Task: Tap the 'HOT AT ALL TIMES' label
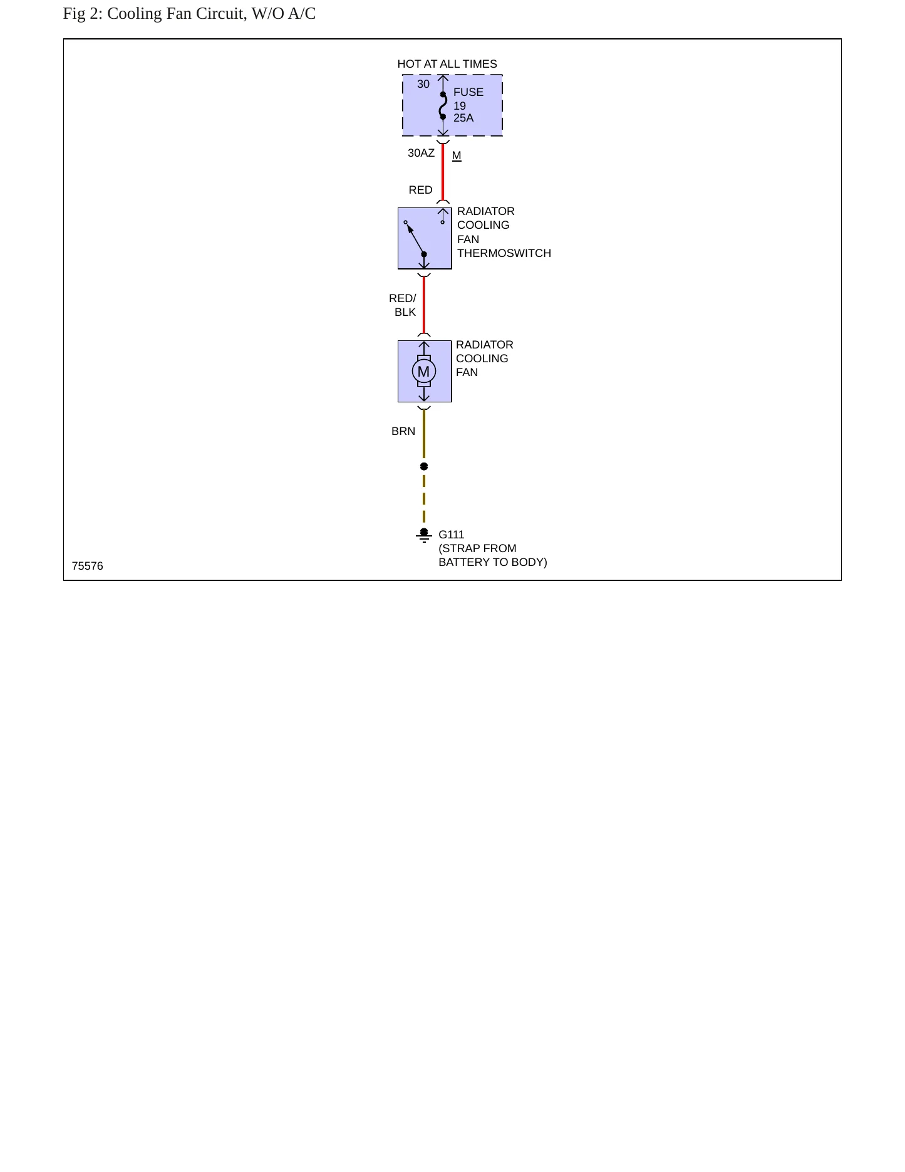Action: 447,64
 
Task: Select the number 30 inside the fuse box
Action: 423,84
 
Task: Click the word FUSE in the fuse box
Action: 468,92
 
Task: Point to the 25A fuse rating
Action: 463,118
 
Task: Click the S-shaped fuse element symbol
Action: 443,105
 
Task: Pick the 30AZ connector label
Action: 421,153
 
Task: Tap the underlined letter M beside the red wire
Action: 457,156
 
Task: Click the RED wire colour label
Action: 420,190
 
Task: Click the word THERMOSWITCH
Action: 504,253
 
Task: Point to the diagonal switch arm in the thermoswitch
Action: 415,239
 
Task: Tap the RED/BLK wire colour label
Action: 403,305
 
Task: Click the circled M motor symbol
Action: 424,372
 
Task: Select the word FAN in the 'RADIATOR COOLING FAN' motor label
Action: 467,372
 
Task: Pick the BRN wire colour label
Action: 403,431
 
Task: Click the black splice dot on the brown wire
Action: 424,466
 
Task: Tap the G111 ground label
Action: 452,535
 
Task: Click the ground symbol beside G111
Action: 424,535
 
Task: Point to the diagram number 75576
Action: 88,566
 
